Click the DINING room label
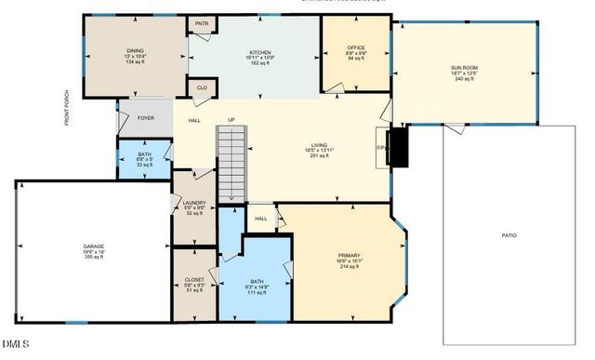point(136,51)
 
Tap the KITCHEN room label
point(259,52)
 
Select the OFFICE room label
point(356,47)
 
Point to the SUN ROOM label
point(464,68)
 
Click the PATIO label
point(509,235)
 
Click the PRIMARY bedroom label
point(350,255)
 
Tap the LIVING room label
point(320,145)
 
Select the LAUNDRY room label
point(194,202)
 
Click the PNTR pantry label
point(202,24)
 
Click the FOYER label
point(146,118)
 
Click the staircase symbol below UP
point(231,163)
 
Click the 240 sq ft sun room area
point(464,79)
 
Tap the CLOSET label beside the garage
point(194,278)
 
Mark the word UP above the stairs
point(231,120)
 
